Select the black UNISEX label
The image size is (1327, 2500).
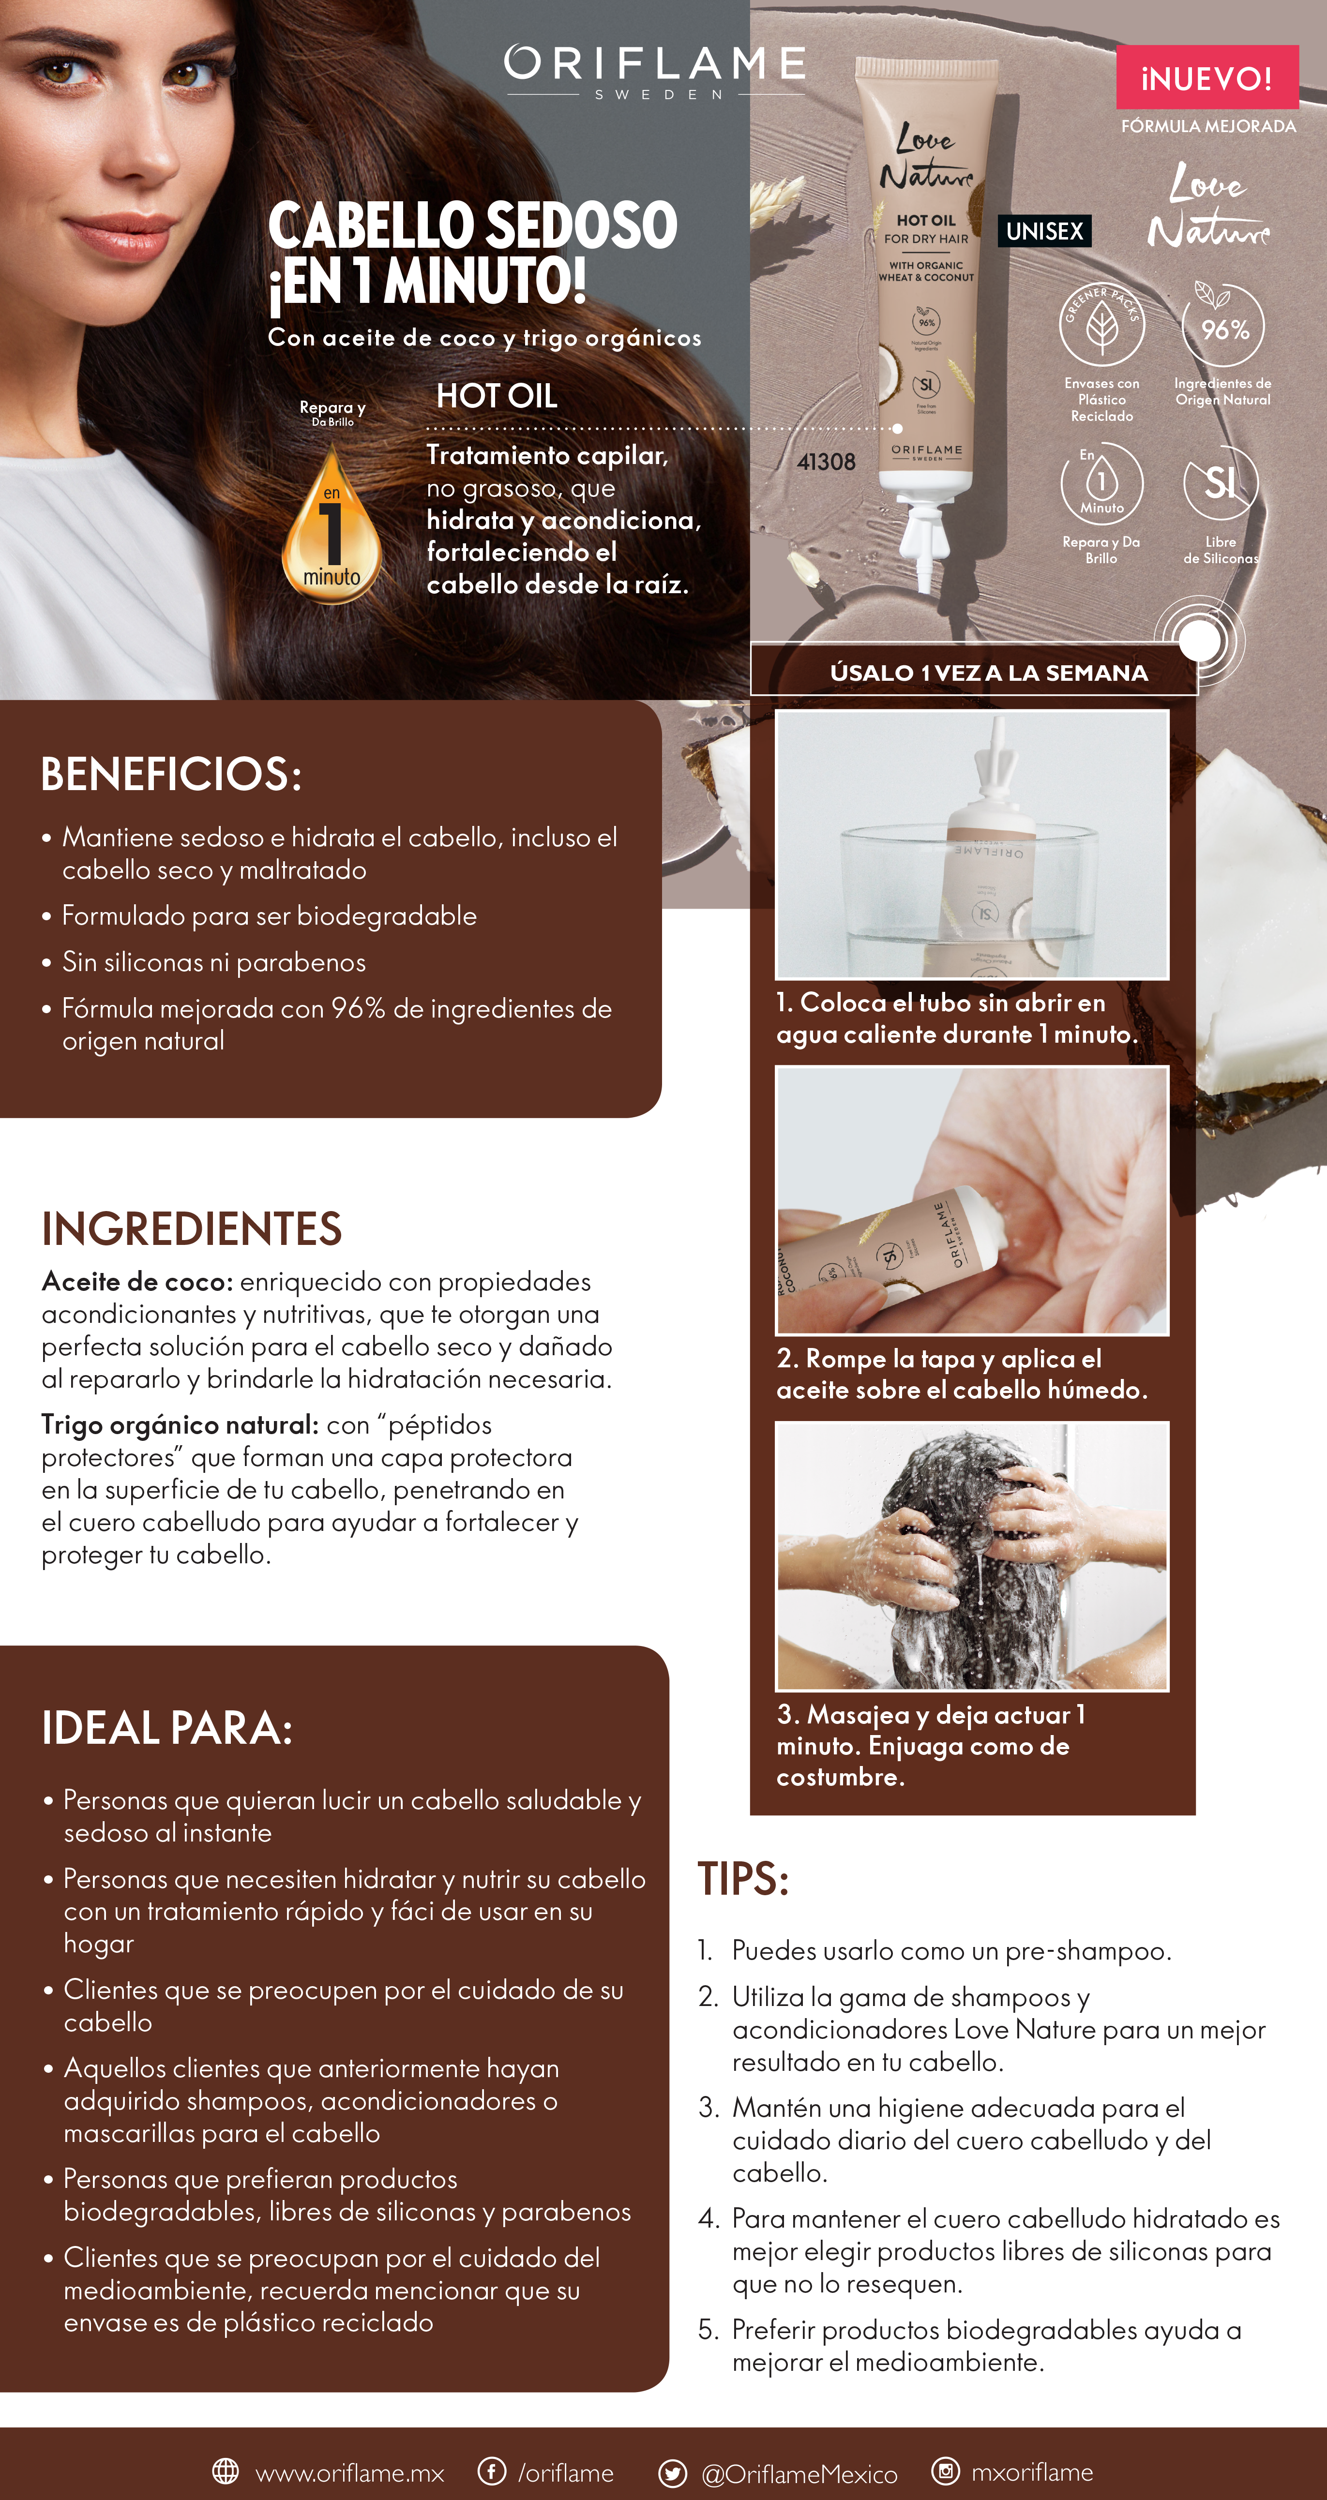click(x=1044, y=231)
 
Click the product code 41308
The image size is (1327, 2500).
click(x=826, y=462)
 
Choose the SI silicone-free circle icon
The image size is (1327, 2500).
click(x=1220, y=482)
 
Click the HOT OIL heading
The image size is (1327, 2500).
click(x=497, y=396)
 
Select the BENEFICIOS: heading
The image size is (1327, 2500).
click(x=171, y=775)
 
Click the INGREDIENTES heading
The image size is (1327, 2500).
click(x=191, y=1228)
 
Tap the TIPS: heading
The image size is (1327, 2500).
click(x=743, y=1879)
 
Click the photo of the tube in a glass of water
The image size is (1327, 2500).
click(x=972, y=844)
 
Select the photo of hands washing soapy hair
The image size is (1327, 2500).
click(x=972, y=1556)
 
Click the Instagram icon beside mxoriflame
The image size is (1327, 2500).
click(x=945, y=2471)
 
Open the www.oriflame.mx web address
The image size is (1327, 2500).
click(x=349, y=2473)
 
